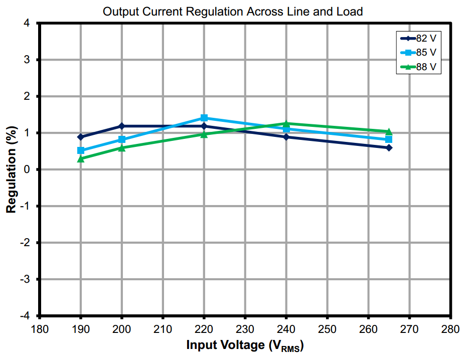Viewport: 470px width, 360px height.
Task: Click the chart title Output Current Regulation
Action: (232, 12)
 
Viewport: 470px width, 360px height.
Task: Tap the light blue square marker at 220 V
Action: (204, 118)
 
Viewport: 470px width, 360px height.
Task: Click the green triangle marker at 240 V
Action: (286, 123)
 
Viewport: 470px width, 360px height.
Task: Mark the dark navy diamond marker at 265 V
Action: (389, 147)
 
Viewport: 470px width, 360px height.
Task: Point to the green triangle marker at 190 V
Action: (81, 158)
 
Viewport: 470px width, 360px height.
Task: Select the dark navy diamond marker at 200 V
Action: (122, 126)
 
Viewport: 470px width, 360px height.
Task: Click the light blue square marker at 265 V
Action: (389, 139)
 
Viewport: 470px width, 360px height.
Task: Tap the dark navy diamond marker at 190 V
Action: (81, 137)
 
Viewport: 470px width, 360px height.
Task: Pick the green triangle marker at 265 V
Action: (389, 131)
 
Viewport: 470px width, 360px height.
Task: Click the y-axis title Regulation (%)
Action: (11, 169)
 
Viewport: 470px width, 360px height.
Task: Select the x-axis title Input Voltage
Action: (245, 345)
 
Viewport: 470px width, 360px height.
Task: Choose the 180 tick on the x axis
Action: (40, 329)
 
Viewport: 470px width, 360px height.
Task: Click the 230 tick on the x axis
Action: (245, 329)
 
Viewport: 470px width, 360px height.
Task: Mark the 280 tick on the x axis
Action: (450, 329)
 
